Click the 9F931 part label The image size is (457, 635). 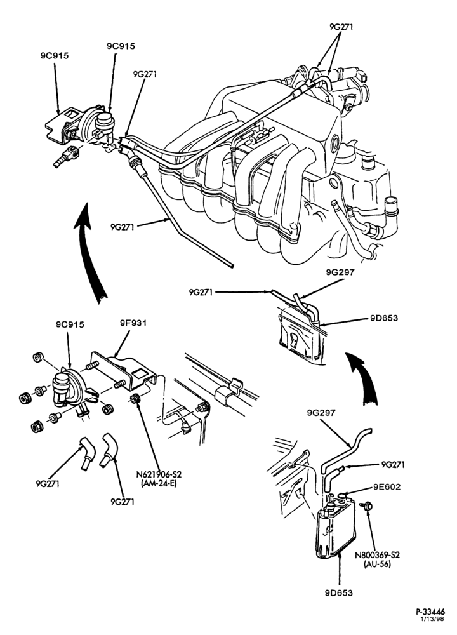133,323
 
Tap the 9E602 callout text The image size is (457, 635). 387,486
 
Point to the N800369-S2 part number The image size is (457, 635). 377,554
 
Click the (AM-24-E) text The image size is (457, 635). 159,483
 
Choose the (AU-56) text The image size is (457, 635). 377,564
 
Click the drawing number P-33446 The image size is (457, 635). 430,612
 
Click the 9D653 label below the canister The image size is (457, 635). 338,592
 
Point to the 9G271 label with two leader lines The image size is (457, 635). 341,27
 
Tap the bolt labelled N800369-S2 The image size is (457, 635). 367,506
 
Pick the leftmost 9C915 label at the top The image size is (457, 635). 54,56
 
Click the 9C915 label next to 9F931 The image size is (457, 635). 70,324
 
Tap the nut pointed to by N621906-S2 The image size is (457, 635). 135,398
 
